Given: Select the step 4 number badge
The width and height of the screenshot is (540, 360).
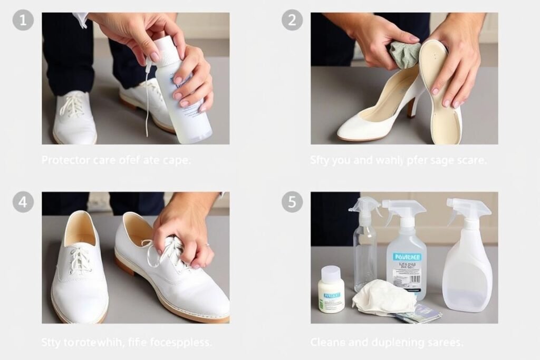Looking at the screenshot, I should [x=23, y=202].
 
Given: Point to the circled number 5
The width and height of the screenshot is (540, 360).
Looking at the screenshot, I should [x=292, y=202].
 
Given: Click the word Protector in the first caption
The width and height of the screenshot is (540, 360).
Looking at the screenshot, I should [x=65, y=160].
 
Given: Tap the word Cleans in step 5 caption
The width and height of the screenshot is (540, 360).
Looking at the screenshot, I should [x=327, y=342].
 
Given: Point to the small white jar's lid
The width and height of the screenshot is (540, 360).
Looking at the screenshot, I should [x=331, y=274].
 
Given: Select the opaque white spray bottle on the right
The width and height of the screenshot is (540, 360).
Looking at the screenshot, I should [x=467, y=264].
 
